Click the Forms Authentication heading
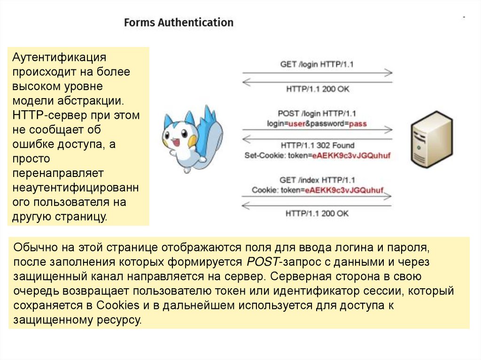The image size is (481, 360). [x=178, y=23]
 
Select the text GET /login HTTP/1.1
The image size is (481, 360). [x=317, y=64]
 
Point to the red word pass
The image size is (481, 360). [x=358, y=123]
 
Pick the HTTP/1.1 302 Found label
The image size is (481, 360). [x=317, y=146]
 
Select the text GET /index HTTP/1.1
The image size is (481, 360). [x=317, y=180]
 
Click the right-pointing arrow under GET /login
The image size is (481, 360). [x=317, y=73]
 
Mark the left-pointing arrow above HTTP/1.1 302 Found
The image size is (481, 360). [x=317, y=137]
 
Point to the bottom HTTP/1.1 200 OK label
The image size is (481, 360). [x=317, y=213]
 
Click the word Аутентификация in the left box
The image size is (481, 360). [x=60, y=57]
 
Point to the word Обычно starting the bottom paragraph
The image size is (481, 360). [x=34, y=247]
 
